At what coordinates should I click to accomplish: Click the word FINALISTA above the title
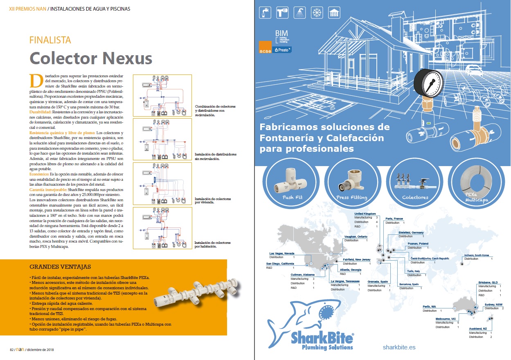pyautogui.click(x=50, y=40)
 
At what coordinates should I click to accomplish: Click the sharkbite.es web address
pyautogui.click(x=399, y=347)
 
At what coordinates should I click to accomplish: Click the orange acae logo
pyautogui.click(x=265, y=47)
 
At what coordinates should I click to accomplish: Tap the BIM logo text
pyautogui.click(x=282, y=32)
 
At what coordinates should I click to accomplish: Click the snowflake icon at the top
pyautogui.click(x=316, y=13)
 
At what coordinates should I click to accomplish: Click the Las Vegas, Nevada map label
pyautogui.click(x=282, y=253)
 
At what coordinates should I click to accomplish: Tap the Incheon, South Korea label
pyautogui.click(x=477, y=255)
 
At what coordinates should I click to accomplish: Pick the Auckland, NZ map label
pyautogui.click(x=478, y=328)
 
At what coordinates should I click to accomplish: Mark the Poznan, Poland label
pyautogui.click(x=418, y=243)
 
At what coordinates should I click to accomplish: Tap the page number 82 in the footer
pyautogui.click(x=11, y=350)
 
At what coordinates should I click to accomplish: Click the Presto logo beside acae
pyautogui.click(x=282, y=49)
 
